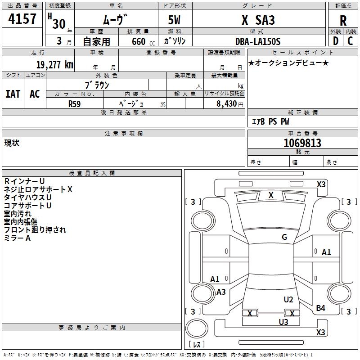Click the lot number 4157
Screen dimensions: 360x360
point(22,19)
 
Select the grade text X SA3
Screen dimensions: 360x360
point(258,20)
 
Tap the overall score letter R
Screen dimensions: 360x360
point(343,20)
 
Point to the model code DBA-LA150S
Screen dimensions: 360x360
point(258,41)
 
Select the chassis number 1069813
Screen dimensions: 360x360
point(302,143)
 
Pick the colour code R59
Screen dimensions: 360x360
point(75,103)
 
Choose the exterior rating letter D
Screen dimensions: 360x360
point(335,41)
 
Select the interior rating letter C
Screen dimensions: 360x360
point(351,41)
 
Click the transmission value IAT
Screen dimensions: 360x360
point(13,94)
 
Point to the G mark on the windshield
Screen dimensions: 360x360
point(284,237)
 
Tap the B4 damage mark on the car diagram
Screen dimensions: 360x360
point(320,308)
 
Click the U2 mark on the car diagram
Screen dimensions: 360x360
point(288,300)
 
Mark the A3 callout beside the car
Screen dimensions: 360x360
point(221,292)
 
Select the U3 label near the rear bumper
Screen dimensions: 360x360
point(283,322)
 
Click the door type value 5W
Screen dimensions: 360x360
point(175,20)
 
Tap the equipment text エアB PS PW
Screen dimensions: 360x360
point(270,121)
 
